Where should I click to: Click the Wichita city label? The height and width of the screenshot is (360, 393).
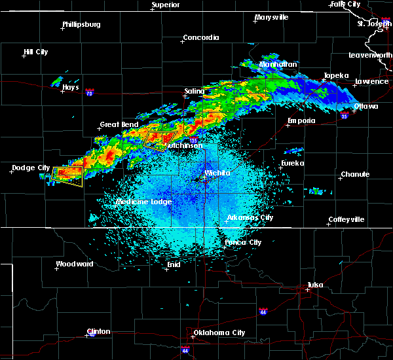[x=217, y=173]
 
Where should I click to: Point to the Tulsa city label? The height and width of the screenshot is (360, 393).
[x=315, y=285]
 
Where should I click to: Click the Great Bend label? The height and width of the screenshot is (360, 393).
[x=118, y=124]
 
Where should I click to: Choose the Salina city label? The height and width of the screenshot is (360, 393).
[x=194, y=91]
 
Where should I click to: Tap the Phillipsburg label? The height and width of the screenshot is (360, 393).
[x=81, y=25]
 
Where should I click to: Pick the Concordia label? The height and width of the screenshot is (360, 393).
[x=201, y=38]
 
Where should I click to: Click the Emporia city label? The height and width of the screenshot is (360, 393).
[x=301, y=120]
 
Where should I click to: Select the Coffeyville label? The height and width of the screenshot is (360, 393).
[x=346, y=219]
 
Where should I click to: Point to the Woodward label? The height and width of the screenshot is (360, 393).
[x=74, y=264]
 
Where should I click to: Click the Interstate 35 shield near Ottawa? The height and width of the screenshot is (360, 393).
[x=344, y=116]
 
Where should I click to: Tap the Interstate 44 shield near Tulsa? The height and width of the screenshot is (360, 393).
[x=263, y=310]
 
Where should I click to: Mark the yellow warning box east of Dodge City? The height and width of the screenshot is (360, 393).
[x=67, y=175]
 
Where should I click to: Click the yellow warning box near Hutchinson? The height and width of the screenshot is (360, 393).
[x=160, y=140]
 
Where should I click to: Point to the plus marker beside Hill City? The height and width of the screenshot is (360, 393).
[x=24, y=56]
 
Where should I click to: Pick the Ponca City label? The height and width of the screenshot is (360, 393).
[x=243, y=242]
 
